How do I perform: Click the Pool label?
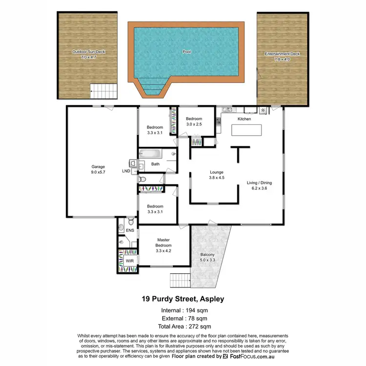tap(186, 51)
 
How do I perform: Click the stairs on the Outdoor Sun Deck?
tap(104, 90)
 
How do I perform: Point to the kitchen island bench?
tap(246, 130)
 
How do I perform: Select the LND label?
tap(126, 172)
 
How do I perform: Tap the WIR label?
tap(129, 262)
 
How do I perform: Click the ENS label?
tap(130, 230)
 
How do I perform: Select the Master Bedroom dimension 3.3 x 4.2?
tap(163, 251)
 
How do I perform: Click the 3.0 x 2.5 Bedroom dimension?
tap(194, 124)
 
